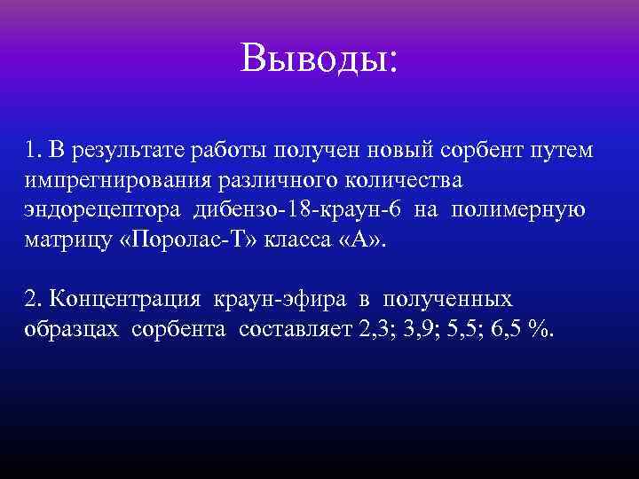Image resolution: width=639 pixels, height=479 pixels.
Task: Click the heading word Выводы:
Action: tap(319, 59)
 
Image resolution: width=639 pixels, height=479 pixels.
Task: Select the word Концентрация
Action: tap(120, 299)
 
